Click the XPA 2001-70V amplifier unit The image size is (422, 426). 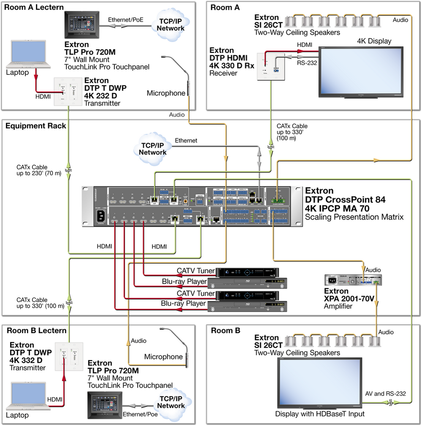point(353,280)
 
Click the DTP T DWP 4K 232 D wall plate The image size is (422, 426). point(67,92)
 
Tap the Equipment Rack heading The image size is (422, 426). point(30,126)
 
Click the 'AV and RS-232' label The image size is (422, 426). point(386,393)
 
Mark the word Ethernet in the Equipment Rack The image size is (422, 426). point(186,140)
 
